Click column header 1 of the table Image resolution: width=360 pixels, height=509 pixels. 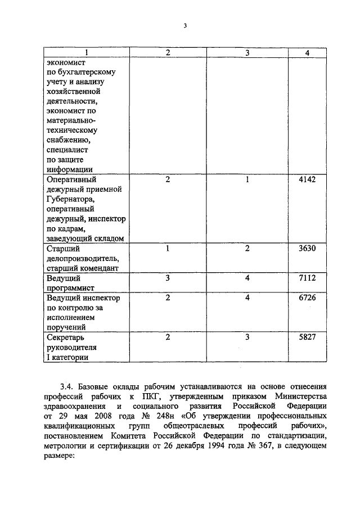coord(86,52)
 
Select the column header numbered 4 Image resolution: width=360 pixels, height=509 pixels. coord(307,52)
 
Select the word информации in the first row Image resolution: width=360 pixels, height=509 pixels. coord(70,169)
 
